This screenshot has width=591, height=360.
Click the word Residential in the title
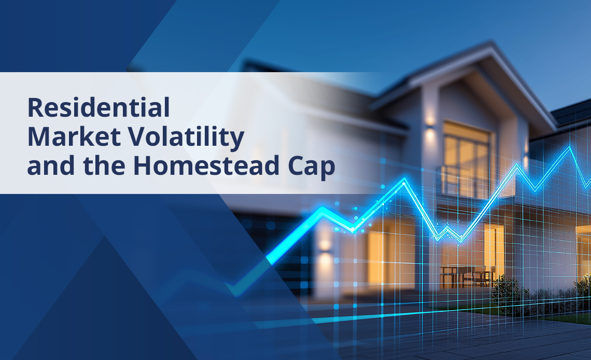(x=98, y=108)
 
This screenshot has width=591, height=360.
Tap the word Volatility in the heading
(x=187, y=137)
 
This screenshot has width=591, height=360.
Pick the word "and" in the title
(x=51, y=165)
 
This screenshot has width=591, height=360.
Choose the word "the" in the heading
(x=104, y=165)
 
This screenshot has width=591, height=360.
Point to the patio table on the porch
(x=468, y=276)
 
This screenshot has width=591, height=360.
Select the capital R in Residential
(x=36, y=108)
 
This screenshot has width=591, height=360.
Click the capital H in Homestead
(x=143, y=165)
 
